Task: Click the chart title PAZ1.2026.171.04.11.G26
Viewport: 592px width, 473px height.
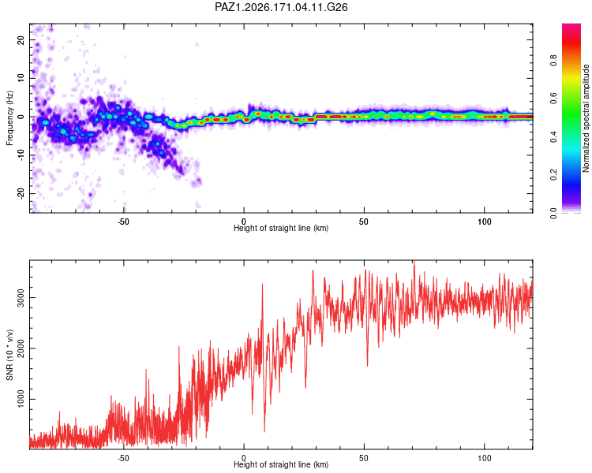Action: (x=281, y=7)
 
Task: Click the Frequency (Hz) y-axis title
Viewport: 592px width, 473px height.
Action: (x=9, y=118)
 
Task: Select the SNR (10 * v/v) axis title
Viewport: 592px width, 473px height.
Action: (x=9, y=355)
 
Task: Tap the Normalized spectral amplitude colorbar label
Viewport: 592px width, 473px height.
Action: (x=586, y=118)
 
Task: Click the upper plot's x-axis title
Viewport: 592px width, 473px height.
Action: (x=281, y=228)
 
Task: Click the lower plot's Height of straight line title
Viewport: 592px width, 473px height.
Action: (x=281, y=464)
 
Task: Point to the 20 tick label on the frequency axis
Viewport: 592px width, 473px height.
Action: (x=21, y=40)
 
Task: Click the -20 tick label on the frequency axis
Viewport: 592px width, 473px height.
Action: (x=21, y=193)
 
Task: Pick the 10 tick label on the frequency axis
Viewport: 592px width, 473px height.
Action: (x=21, y=79)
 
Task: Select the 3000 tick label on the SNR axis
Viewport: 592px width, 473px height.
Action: (x=21, y=298)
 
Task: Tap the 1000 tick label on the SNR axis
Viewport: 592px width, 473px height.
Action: (x=21, y=399)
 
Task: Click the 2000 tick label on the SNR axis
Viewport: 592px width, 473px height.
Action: (x=21, y=348)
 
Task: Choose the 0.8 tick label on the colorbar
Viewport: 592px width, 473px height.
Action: (x=553, y=61)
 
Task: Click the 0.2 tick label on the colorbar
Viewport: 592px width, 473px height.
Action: (x=553, y=175)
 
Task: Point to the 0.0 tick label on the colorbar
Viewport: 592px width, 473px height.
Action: (x=553, y=213)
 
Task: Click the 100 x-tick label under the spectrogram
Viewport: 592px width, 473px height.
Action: (x=485, y=222)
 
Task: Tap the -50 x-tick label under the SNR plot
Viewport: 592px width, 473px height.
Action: (x=123, y=458)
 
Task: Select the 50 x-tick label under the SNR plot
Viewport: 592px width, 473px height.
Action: (x=364, y=458)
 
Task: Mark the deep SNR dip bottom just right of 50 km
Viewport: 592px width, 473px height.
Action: (x=367, y=366)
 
